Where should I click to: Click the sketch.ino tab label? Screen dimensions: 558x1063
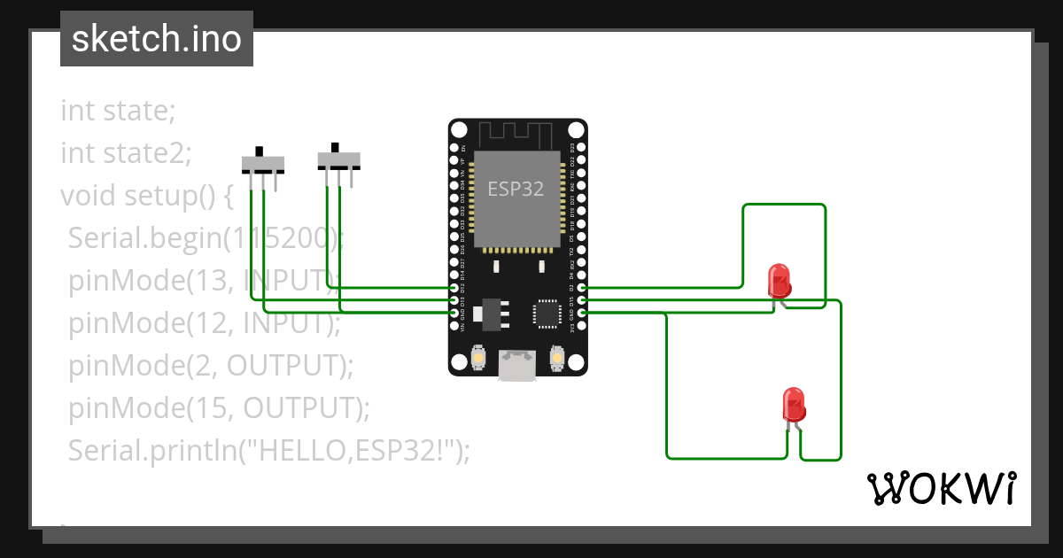click(x=157, y=39)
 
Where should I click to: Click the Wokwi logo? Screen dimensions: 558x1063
click(x=940, y=488)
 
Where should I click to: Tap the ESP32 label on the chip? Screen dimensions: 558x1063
click(x=516, y=189)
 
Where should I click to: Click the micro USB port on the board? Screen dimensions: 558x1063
click(x=517, y=365)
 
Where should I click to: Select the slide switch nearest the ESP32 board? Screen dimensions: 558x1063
click(x=338, y=160)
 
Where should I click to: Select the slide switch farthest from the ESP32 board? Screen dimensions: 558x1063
click(x=263, y=165)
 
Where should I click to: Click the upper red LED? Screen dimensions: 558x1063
click(x=780, y=280)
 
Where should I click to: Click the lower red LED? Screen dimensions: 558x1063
click(x=794, y=405)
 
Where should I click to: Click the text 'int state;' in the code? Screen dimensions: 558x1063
click(x=118, y=112)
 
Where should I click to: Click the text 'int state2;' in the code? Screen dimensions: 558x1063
click(x=126, y=153)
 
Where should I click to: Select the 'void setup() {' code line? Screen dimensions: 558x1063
click(x=146, y=195)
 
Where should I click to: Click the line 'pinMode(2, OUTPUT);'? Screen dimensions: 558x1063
click(x=211, y=365)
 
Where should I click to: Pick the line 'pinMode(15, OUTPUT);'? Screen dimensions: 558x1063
click(x=219, y=407)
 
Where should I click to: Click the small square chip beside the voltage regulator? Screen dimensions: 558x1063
click(x=546, y=314)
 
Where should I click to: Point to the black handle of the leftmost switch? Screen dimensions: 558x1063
click(x=259, y=151)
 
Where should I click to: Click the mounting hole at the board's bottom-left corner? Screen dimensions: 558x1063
click(x=460, y=362)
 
